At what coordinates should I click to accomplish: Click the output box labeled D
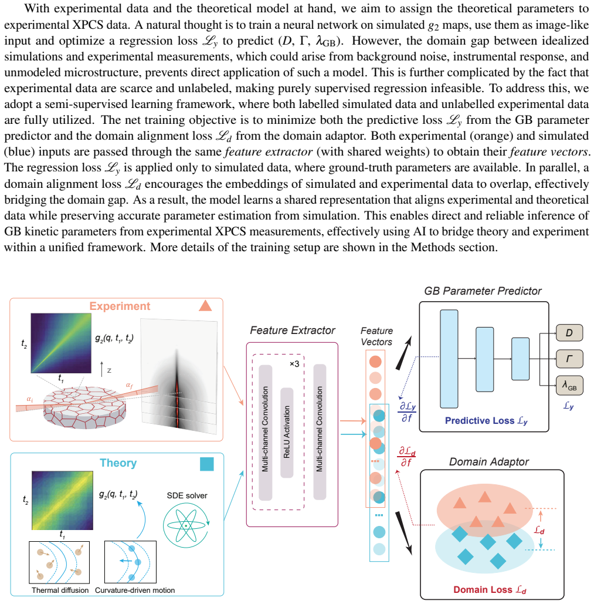(x=569, y=333)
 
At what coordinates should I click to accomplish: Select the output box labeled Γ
(x=569, y=359)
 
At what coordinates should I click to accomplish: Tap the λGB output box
(x=569, y=386)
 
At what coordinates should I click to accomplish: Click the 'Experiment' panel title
(x=120, y=306)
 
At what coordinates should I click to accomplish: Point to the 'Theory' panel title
(x=118, y=463)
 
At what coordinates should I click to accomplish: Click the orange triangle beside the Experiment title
(x=205, y=305)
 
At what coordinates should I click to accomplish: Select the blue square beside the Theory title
(x=206, y=464)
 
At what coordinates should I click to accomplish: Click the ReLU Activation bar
(x=287, y=433)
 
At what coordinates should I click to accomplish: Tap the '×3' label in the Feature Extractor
(x=294, y=364)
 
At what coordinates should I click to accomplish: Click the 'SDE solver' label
(x=187, y=495)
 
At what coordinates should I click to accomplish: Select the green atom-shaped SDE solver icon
(x=186, y=525)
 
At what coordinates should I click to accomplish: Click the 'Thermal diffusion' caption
(x=60, y=590)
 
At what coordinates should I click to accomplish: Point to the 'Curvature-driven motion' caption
(x=135, y=590)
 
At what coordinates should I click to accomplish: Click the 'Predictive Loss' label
(x=486, y=421)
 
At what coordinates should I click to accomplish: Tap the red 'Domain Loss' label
(x=490, y=589)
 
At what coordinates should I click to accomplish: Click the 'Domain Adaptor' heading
(x=489, y=461)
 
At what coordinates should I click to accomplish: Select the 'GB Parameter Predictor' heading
(x=483, y=291)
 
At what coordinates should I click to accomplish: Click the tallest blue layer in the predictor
(x=449, y=359)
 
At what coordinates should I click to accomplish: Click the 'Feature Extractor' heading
(x=293, y=330)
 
